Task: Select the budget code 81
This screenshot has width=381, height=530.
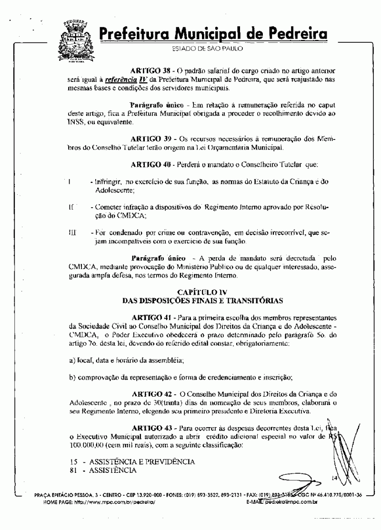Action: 73,470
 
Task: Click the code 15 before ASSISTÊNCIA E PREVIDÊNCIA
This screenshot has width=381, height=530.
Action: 73,462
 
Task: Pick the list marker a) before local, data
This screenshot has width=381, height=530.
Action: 72,360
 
